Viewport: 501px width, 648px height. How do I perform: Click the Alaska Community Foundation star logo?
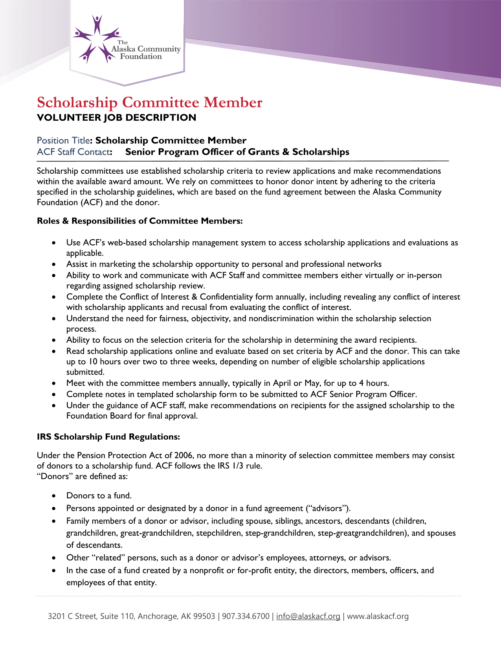tap(97, 39)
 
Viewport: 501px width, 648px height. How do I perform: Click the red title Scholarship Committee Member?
tap(149, 102)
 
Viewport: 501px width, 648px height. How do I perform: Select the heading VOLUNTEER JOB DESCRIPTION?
tap(116, 117)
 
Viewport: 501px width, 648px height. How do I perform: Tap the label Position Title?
tap(63, 140)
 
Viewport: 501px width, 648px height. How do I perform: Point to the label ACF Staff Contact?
tap(73, 152)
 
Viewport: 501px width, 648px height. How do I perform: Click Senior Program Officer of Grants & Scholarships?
tap(237, 152)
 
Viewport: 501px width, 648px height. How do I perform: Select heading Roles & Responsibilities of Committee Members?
tap(139, 221)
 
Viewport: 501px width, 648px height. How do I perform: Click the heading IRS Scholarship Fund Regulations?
tap(108, 437)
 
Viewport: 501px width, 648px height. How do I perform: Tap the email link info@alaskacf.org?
tap(308, 616)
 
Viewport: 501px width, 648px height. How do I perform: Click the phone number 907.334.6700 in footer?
tap(246, 616)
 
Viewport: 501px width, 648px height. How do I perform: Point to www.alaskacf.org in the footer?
tap(378, 616)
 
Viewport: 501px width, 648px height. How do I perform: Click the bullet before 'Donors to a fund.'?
tap(53, 496)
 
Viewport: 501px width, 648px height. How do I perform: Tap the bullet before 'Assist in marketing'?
tap(53, 264)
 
